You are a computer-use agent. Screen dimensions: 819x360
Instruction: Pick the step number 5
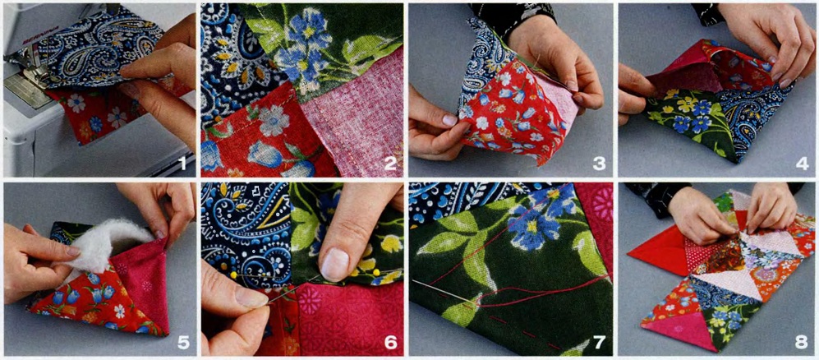(x=183, y=342)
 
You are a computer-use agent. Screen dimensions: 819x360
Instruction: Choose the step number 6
(x=390, y=342)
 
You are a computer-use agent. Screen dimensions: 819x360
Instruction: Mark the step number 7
(x=599, y=342)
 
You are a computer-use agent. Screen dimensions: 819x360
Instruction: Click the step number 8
(x=802, y=342)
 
